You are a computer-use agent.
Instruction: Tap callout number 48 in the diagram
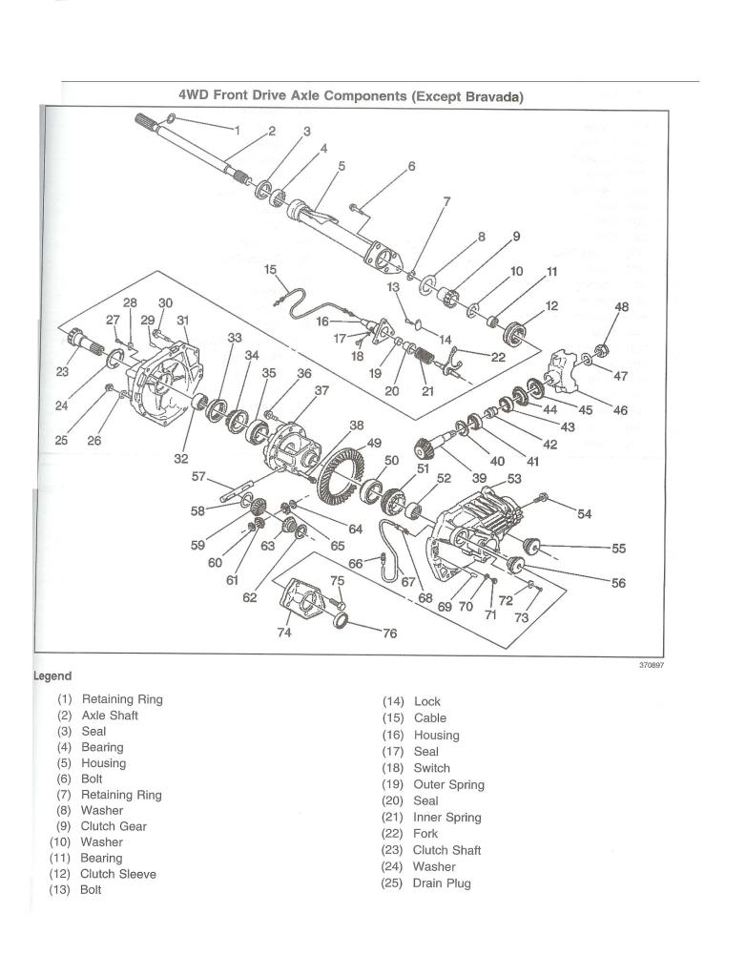[x=621, y=308]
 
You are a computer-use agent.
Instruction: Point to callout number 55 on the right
[x=618, y=549]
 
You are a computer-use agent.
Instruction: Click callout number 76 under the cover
[x=389, y=633]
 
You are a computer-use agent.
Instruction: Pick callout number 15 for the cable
[x=270, y=270]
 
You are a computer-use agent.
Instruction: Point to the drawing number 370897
[x=651, y=666]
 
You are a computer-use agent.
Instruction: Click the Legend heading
[x=52, y=676]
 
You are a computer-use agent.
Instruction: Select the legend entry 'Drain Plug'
[x=442, y=883]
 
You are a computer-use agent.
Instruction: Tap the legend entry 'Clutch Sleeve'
[x=118, y=874]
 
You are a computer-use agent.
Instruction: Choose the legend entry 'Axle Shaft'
[x=110, y=715]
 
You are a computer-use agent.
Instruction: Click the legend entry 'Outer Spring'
[x=448, y=784]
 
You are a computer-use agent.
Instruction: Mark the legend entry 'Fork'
[x=425, y=834]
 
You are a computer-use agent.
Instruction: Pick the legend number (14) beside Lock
[x=394, y=701]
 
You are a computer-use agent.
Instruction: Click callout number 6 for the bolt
[x=411, y=166]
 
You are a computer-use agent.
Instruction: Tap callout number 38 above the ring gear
[x=356, y=426]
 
